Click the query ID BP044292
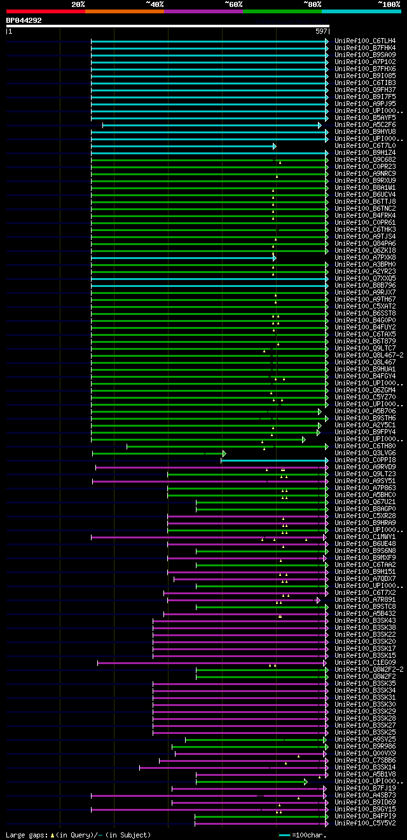coord(24,20)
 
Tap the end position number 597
coord(321,30)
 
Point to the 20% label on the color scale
coord(78,4)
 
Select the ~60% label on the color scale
coord(233,4)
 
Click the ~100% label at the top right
coord(389,4)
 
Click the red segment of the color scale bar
coord(45,11)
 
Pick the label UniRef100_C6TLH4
coord(364,41)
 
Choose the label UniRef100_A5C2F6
coord(364,125)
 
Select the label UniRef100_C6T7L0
coord(364,146)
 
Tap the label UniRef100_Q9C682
coord(364,160)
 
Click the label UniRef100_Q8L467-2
coord(368,356)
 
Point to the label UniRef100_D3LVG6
coord(364,453)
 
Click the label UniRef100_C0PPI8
coord(364,460)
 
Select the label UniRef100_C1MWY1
coord(364,537)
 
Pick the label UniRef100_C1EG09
coord(364,663)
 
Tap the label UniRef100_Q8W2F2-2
coord(368,670)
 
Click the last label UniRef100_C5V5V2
coord(364,823)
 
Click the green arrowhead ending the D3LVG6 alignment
coord(224,453)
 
